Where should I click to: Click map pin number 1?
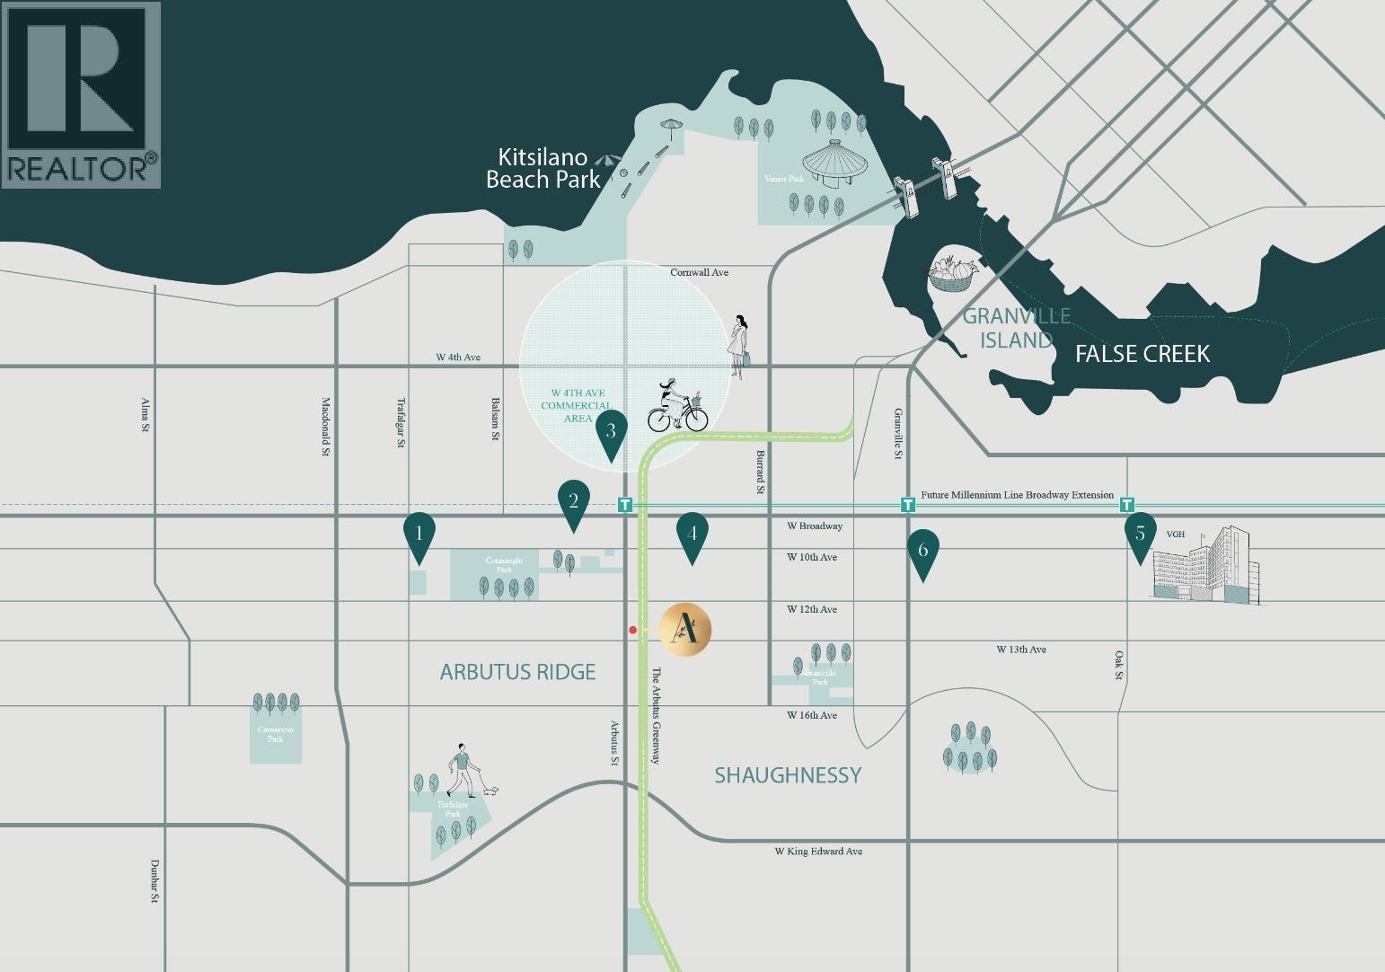click(419, 534)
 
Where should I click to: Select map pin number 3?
click(611, 431)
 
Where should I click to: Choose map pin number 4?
click(692, 534)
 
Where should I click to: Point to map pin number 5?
click(1140, 534)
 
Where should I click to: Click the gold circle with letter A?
click(685, 629)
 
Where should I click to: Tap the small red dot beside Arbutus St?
click(633, 631)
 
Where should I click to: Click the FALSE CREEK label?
click(1142, 354)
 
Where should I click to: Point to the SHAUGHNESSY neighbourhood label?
click(788, 774)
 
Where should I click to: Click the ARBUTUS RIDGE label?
click(517, 672)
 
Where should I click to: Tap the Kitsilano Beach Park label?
click(543, 169)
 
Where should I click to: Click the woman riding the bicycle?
click(677, 407)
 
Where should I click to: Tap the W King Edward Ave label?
click(818, 851)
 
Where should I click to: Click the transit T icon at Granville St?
click(908, 505)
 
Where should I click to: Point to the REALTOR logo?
click(81, 94)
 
